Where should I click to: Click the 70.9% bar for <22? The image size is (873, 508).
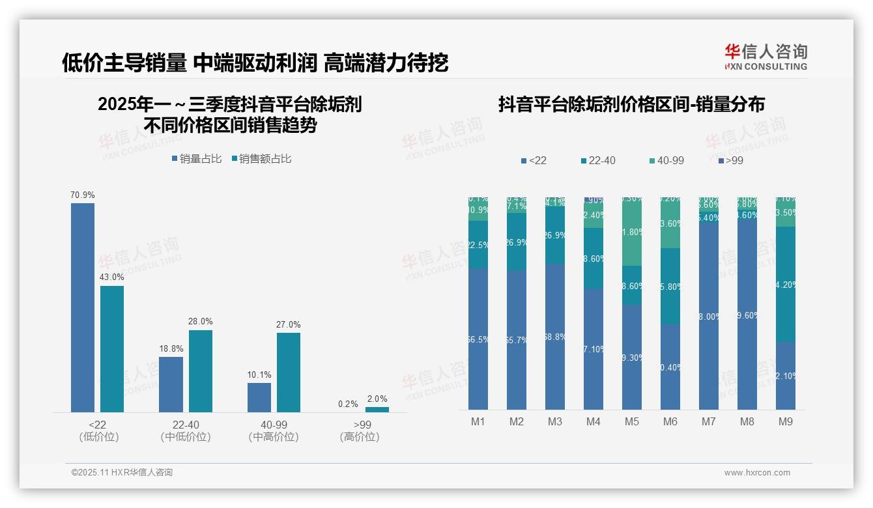(x=83, y=307)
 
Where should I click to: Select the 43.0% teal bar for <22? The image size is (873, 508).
(x=112, y=348)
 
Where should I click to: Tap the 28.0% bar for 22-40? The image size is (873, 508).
(x=201, y=371)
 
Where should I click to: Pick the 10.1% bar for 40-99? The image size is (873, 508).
(x=259, y=397)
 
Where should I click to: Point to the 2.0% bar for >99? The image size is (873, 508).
(x=377, y=410)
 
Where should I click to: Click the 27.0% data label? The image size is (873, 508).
(x=289, y=325)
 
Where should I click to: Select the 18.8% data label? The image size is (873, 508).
(x=171, y=349)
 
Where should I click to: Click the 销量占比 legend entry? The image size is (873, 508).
(x=196, y=159)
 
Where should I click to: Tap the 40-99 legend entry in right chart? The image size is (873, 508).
(x=666, y=160)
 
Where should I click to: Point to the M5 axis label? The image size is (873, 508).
(x=631, y=422)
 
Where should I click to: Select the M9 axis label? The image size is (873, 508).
(x=786, y=422)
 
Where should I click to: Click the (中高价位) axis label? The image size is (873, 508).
(x=274, y=437)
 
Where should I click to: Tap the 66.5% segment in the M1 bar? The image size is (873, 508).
(x=478, y=339)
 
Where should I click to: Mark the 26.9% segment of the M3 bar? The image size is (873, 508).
(x=555, y=235)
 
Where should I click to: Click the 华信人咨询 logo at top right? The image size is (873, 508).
(x=766, y=57)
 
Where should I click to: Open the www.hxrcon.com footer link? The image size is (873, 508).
(x=757, y=473)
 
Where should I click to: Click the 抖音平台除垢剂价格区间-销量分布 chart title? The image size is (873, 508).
(x=631, y=104)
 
